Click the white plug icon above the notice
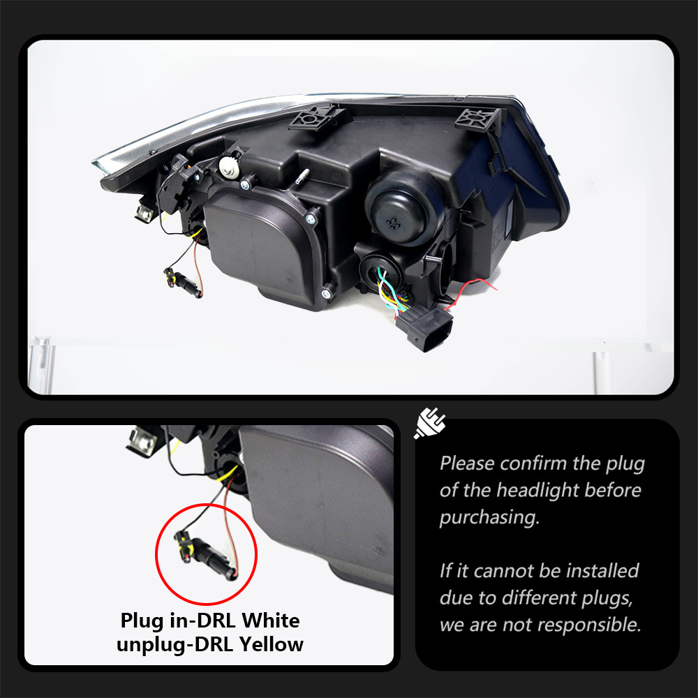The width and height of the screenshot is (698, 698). click(x=429, y=422)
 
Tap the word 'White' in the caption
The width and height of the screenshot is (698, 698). click(x=271, y=620)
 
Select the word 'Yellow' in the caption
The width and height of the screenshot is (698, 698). click(x=271, y=644)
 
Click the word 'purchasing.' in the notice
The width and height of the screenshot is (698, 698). click(x=489, y=518)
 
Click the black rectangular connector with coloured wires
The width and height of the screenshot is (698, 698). click(x=424, y=327)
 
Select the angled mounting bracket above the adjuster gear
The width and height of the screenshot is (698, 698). click(x=318, y=117)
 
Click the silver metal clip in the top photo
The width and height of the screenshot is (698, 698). click(x=145, y=213)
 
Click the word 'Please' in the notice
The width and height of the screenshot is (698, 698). click(x=467, y=463)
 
